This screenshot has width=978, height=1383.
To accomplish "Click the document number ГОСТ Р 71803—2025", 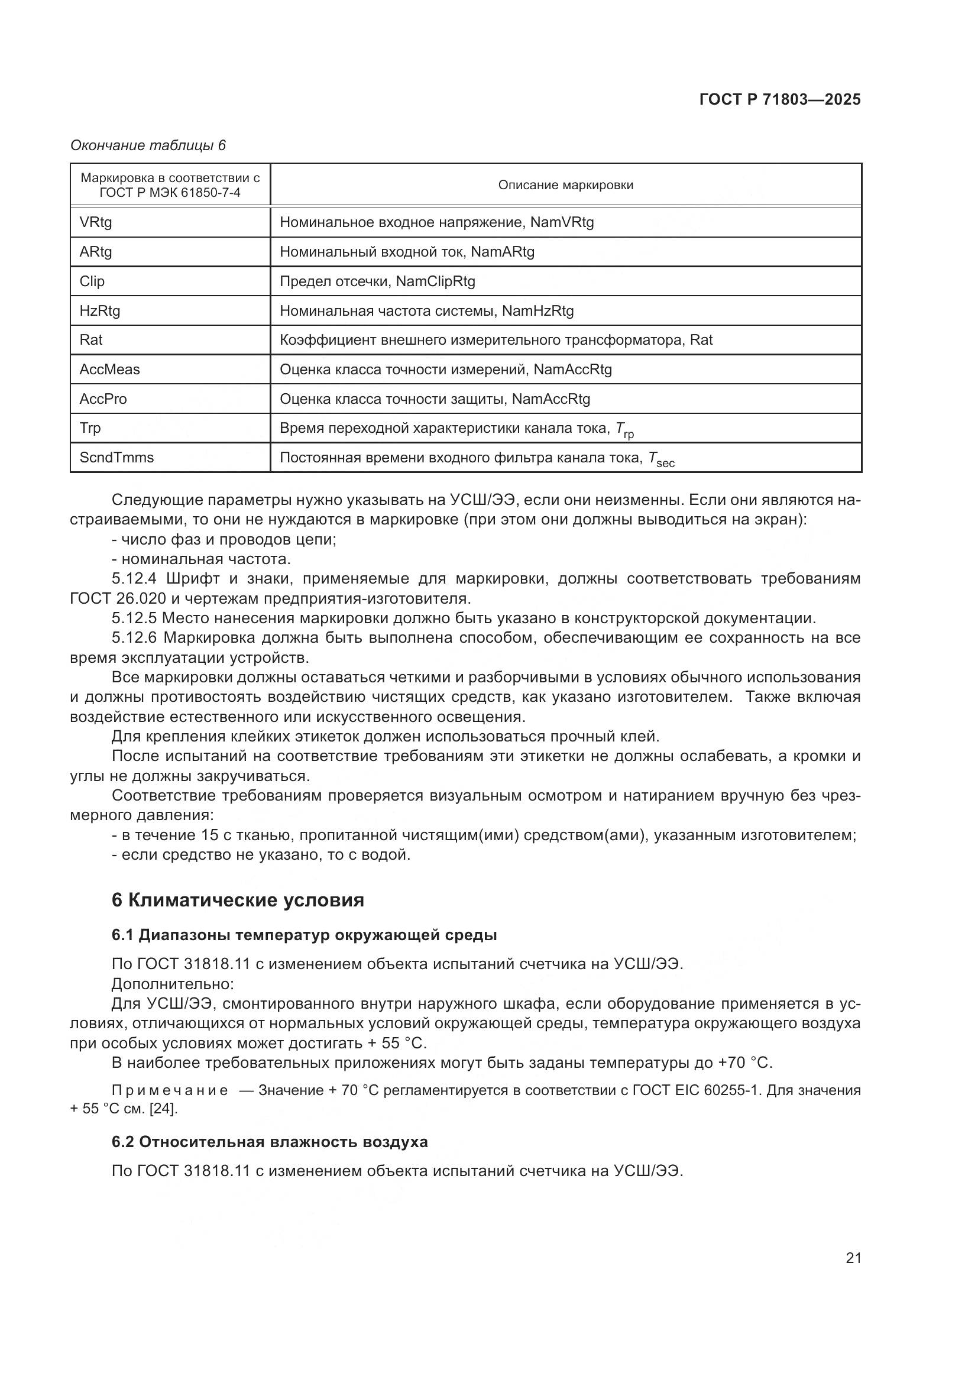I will point(780,99).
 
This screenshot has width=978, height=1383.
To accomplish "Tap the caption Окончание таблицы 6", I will point(148,145).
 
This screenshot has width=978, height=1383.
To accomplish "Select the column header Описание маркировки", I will point(565,185).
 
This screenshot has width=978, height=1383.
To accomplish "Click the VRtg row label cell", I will point(96,222).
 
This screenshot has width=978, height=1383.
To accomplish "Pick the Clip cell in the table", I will point(92,281).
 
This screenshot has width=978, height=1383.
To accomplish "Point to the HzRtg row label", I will point(100,311).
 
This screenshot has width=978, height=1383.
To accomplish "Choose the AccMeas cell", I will point(109,369).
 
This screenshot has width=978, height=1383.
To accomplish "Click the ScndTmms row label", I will point(116,457).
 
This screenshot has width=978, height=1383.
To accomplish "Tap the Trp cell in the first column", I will point(90,427).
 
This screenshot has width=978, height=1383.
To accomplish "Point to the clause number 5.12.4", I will point(134,579).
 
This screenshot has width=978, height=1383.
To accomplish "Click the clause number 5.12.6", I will point(134,638).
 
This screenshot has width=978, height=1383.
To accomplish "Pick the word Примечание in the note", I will point(170,1090).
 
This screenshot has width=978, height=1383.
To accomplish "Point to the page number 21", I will point(853,1258).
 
